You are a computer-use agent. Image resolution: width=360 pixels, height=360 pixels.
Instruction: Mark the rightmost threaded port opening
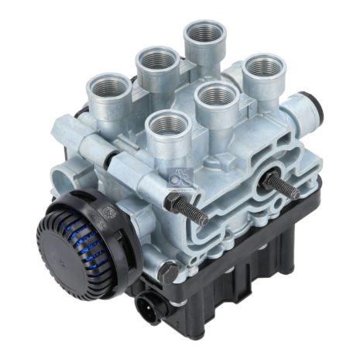263,67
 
